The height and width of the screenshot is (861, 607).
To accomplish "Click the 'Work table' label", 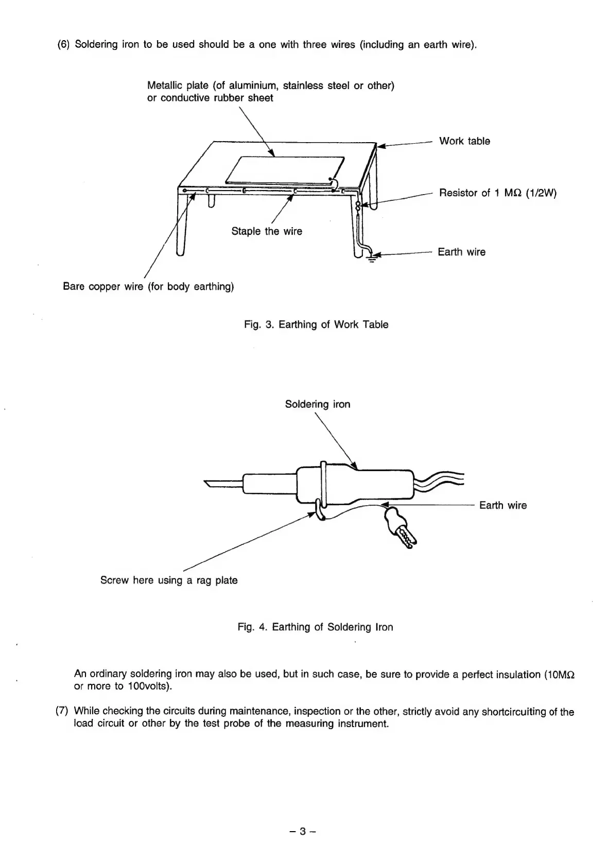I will tap(464, 141).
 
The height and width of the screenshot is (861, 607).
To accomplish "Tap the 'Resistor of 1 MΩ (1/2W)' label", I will tap(497, 193).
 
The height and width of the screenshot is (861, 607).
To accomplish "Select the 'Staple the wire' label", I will tap(267, 231).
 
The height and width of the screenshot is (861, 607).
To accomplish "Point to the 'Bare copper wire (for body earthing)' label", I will tap(148, 286).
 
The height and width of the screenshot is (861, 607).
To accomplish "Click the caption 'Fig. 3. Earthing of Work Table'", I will tap(316, 324).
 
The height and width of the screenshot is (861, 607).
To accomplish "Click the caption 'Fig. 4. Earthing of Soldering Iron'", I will tap(315, 627).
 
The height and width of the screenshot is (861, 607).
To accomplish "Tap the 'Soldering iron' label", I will tap(318, 404).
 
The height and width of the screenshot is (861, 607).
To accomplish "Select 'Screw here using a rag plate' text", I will tap(169, 580).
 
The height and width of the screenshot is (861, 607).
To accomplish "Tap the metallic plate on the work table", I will tap(285, 168).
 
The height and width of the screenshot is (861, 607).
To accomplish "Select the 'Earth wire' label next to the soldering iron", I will tap(502, 505).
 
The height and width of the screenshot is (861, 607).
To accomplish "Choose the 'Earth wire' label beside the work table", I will tap(461, 252).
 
